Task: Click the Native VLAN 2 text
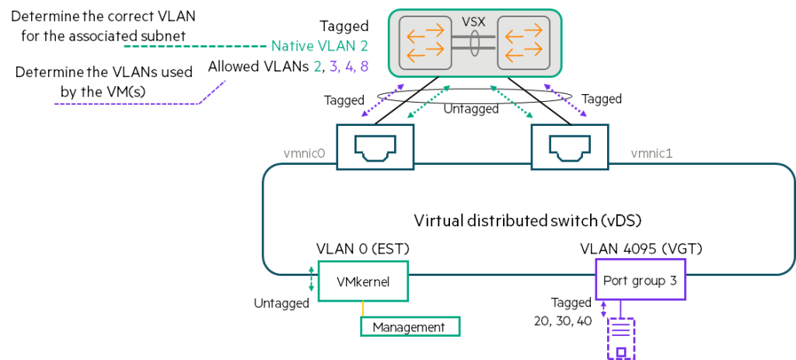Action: pyautogui.click(x=319, y=47)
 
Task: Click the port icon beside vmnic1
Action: pyautogui.click(x=565, y=145)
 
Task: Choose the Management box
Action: pyautogui.click(x=410, y=327)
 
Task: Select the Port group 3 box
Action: pyautogui.click(x=641, y=281)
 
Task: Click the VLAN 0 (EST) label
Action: pyautogui.click(x=363, y=250)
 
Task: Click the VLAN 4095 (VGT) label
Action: pyautogui.click(x=640, y=250)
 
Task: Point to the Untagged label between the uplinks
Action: pyautogui.click(x=471, y=110)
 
